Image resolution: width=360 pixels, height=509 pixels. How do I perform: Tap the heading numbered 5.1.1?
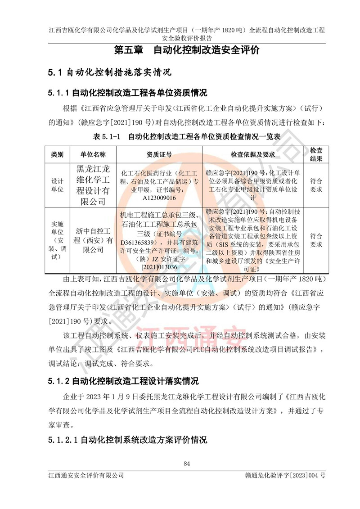(127, 93)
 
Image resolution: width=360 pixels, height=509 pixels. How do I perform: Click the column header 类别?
(57, 154)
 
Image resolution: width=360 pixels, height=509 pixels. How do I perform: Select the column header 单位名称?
(93, 154)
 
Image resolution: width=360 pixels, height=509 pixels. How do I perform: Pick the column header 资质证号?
(159, 154)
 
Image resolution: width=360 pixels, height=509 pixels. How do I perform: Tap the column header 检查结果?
(316, 154)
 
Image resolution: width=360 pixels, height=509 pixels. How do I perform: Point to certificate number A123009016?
(159, 198)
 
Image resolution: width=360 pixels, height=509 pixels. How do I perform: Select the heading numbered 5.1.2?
(123, 381)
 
